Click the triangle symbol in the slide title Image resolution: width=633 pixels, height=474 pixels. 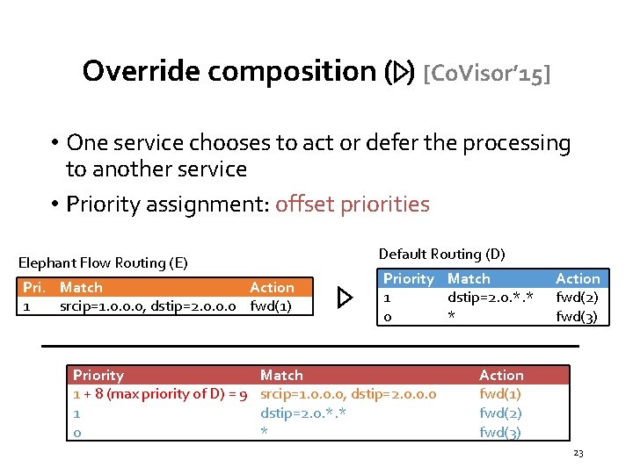coord(400,72)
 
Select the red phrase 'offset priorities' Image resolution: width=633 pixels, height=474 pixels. coord(352,205)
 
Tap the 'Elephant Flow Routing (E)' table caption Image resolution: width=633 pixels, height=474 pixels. coord(104,262)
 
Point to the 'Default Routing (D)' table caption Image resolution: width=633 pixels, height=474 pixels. coord(441,254)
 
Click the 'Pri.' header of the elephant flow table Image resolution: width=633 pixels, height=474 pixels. coord(34,287)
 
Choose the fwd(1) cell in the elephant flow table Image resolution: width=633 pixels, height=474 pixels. coord(272,306)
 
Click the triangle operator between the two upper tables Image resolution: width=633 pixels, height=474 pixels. coord(346,298)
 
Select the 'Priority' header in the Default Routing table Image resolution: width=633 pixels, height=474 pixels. coord(409,278)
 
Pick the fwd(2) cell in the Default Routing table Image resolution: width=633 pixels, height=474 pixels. coord(577,298)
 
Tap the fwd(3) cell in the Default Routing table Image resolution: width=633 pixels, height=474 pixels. coord(577,317)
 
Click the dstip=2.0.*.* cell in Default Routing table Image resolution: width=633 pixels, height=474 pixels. coord(491,298)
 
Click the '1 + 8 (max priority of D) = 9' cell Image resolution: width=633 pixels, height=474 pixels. coord(160,394)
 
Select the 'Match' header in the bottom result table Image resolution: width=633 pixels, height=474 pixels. coord(281,375)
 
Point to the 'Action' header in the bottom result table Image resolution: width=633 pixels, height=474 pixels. coord(501,375)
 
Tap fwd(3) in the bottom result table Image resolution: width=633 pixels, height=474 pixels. coord(500,432)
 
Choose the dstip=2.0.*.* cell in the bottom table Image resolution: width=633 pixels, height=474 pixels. coord(303,413)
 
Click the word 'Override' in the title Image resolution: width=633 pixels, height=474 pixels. coord(141,71)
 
